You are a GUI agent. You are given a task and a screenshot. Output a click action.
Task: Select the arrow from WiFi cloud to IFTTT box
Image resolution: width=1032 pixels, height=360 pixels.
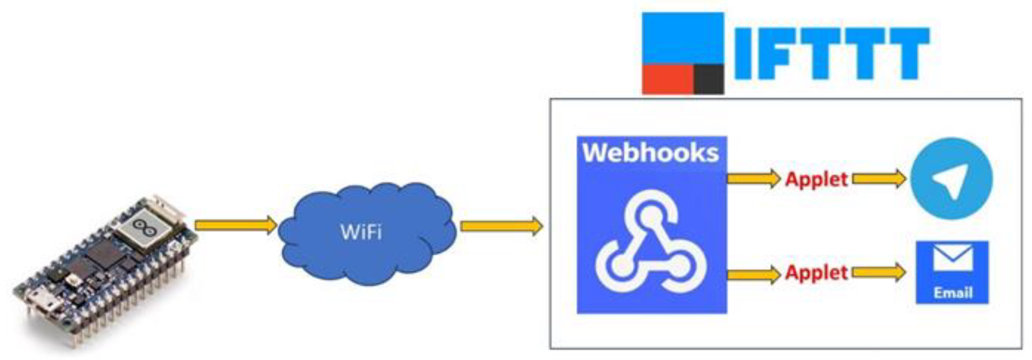coord(501,226)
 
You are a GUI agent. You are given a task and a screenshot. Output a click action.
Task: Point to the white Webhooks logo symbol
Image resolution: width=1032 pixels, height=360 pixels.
coord(651,242)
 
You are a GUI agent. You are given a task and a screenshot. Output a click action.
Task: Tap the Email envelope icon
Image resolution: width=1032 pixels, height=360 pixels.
coord(953,258)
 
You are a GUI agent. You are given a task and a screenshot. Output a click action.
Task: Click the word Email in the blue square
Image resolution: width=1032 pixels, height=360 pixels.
coord(953,293)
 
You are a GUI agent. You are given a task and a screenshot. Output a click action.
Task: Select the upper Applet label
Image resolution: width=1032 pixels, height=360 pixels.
coord(817,179)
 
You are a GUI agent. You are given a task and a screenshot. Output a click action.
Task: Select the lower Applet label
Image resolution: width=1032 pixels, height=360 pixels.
coord(817,273)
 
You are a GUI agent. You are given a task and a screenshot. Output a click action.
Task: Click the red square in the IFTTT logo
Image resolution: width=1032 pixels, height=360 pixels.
coord(668,79)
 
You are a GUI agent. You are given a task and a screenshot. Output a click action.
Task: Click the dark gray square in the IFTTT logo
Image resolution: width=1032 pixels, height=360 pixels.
coord(709,79)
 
